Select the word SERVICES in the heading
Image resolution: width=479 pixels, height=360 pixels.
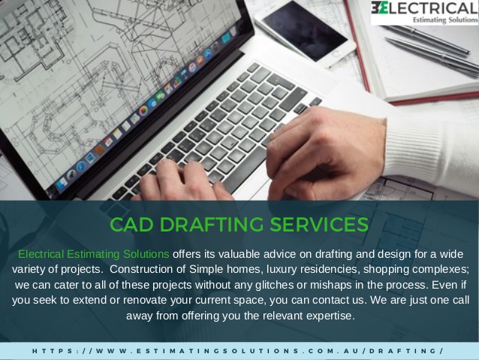click(319, 224)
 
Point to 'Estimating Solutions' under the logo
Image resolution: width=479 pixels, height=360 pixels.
click(445, 20)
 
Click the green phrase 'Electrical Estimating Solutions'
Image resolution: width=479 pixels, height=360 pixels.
click(94, 254)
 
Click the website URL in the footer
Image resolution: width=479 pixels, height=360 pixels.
click(238, 351)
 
